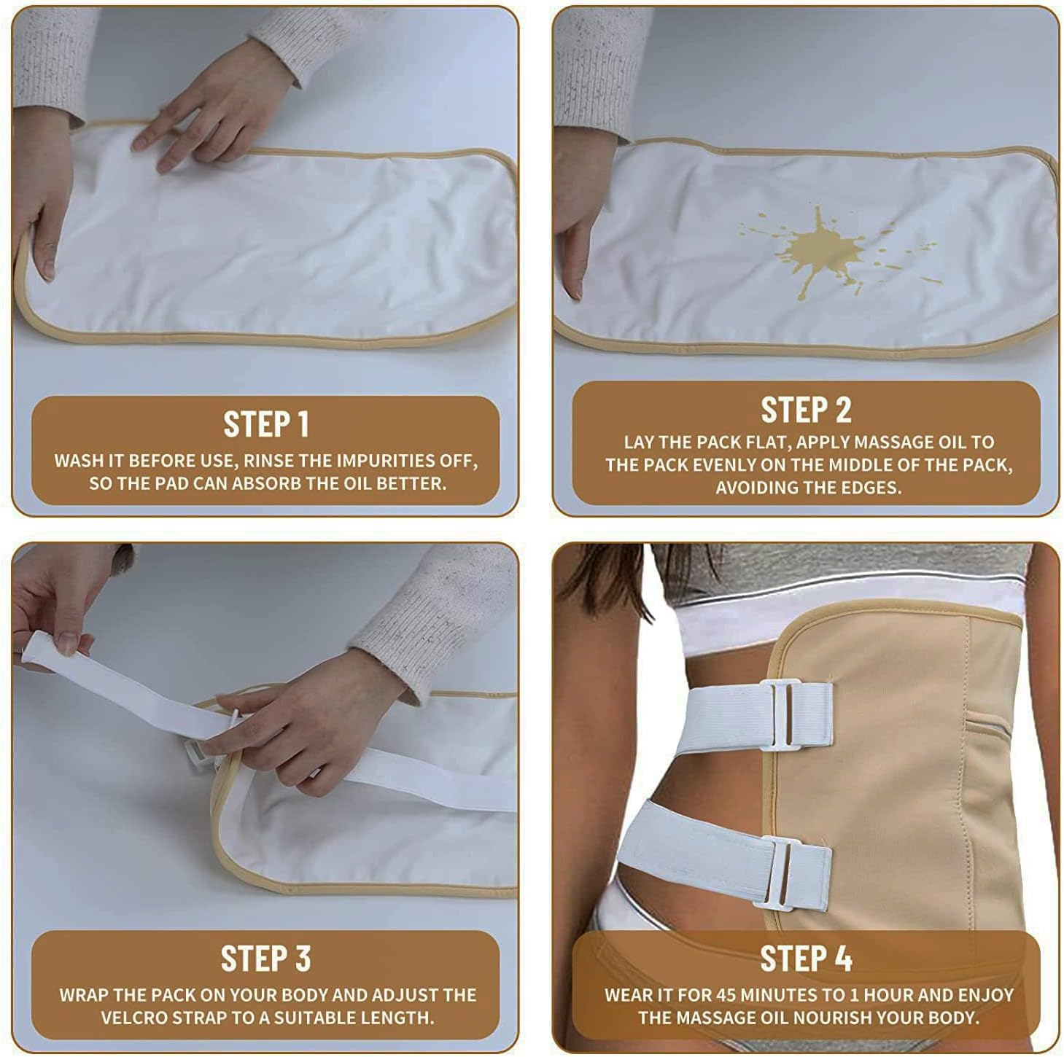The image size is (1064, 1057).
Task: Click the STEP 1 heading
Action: click(x=265, y=424)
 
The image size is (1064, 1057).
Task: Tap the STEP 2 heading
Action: click(x=806, y=410)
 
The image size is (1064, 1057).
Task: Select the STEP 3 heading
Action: click(x=265, y=959)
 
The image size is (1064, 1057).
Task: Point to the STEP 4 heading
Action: click(x=806, y=959)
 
